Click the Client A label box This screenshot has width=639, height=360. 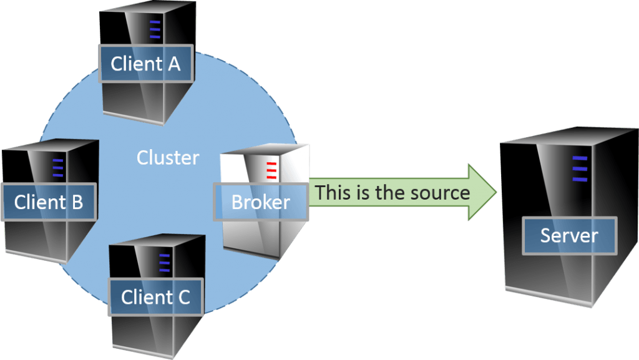(145, 63)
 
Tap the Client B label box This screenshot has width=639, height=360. (48, 202)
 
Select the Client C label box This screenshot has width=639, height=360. (156, 297)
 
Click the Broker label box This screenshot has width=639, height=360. (261, 202)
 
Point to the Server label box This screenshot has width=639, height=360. (569, 235)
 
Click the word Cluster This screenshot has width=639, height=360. (168, 157)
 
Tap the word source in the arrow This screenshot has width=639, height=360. (440, 192)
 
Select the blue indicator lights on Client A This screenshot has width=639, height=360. (155, 29)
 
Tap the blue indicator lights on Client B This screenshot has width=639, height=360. (58, 168)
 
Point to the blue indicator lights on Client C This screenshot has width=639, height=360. (164, 262)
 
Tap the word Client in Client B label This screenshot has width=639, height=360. (40, 202)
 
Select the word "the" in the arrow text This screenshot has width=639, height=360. (391, 192)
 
